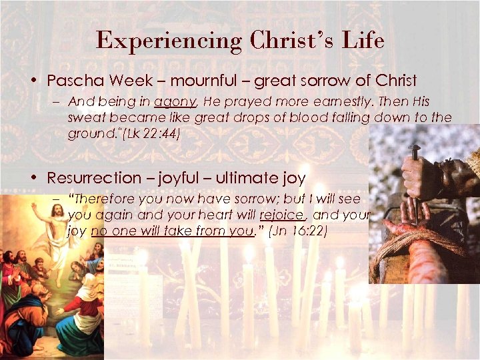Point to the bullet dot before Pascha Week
[x=33, y=81]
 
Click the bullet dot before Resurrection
[x=33, y=178]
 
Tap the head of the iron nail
[x=413, y=147]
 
